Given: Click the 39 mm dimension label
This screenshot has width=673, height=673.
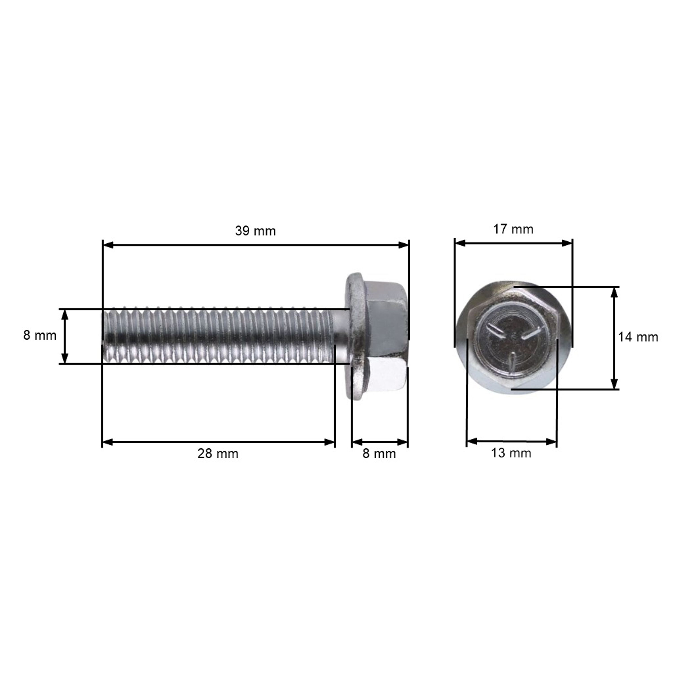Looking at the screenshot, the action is pyautogui.click(x=255, y=231).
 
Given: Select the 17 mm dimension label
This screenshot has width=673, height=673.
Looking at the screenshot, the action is pyautogui.click(x=513, y=229).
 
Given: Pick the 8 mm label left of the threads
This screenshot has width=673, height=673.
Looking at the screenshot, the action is pyautogui.click(x=40, y=335).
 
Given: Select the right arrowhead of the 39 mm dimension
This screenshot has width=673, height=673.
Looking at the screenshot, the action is pyautogui.click(x=403, y=245).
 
